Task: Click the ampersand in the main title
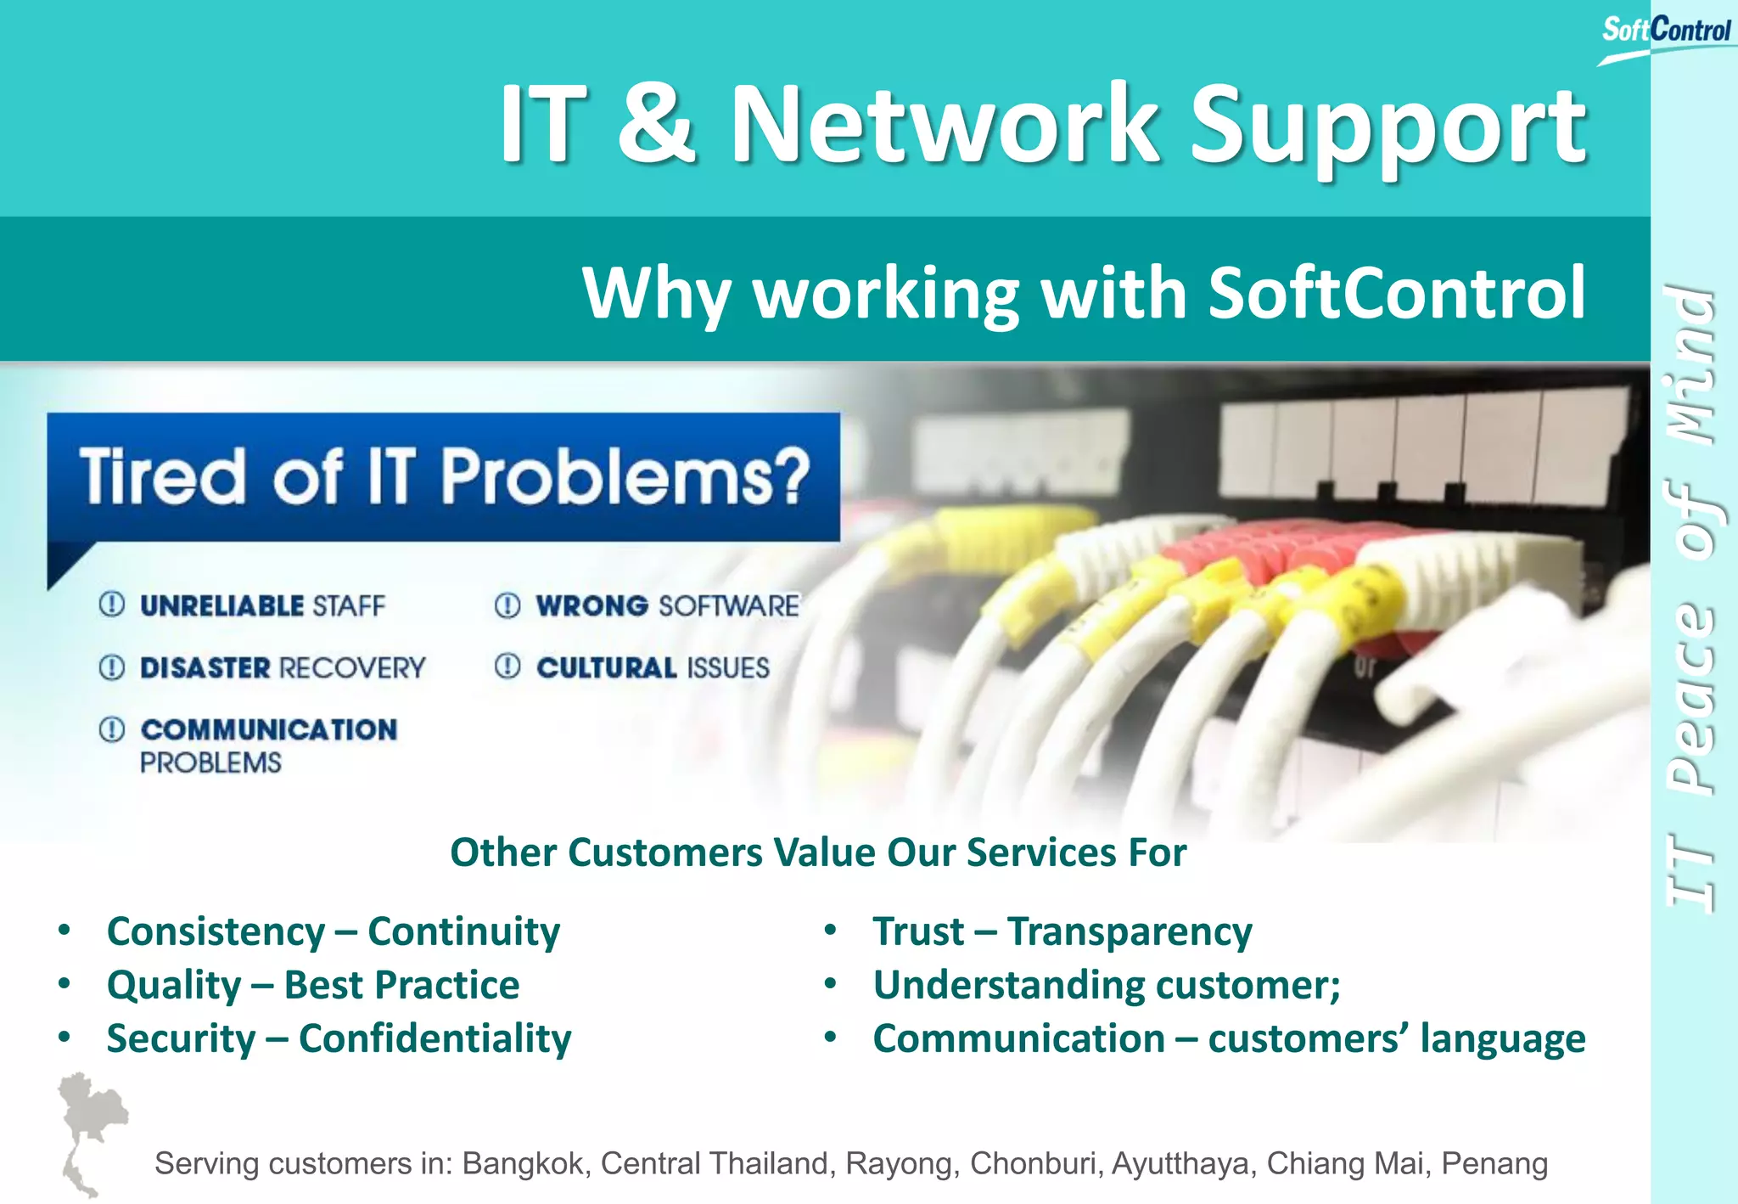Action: click(656, 123)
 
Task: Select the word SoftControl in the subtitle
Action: click(1396, 293)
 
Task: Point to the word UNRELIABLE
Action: click(221, 605)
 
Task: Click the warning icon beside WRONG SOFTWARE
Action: click(507, 605)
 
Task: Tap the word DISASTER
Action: click(205, 668)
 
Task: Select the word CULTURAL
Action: click(606, 668)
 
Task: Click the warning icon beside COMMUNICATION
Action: click(112, 729)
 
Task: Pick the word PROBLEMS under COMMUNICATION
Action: click(210, 762)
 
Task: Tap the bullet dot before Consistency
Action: click(64, 931)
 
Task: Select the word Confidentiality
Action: click(434, 1038)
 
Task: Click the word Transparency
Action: click(1129, 931)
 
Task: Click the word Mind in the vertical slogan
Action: click(1690, 365)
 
